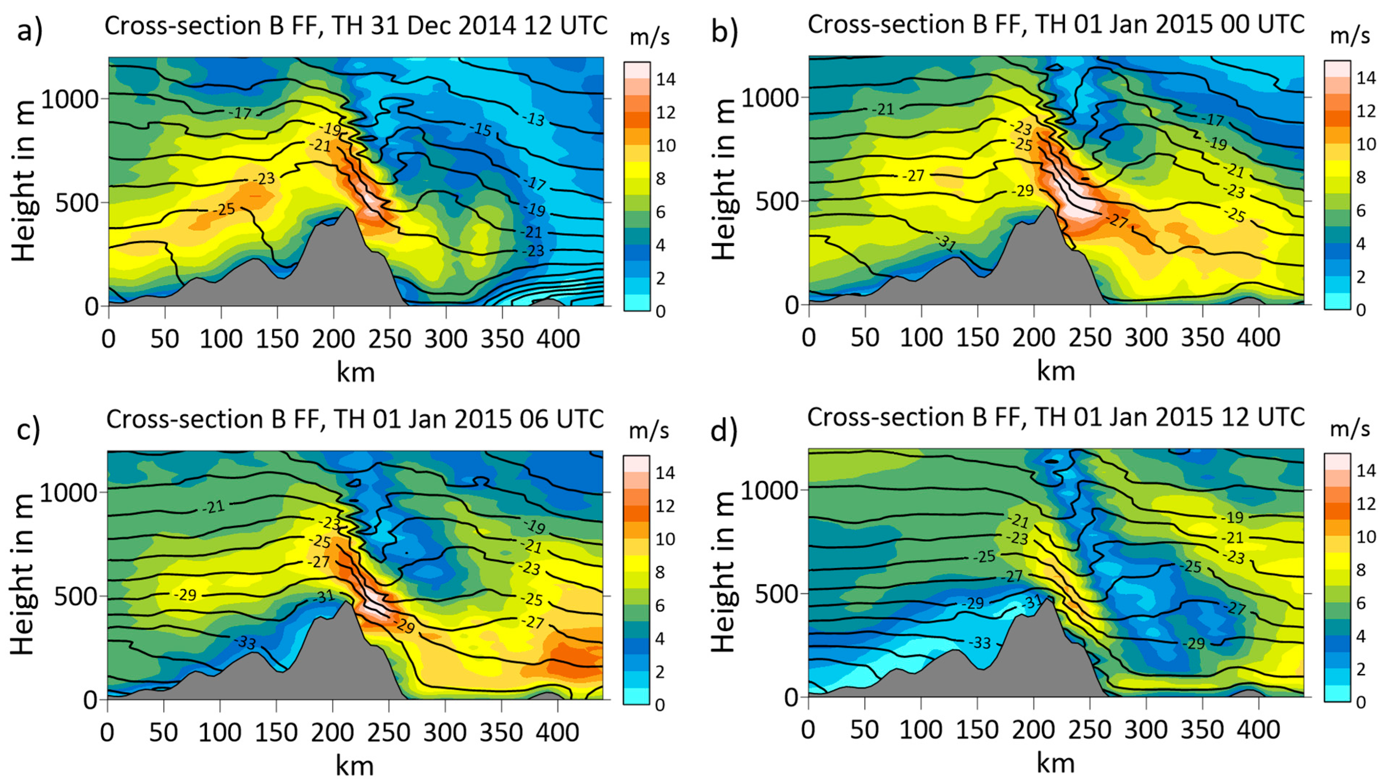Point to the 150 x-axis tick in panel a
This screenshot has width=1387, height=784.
pos(277,339)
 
